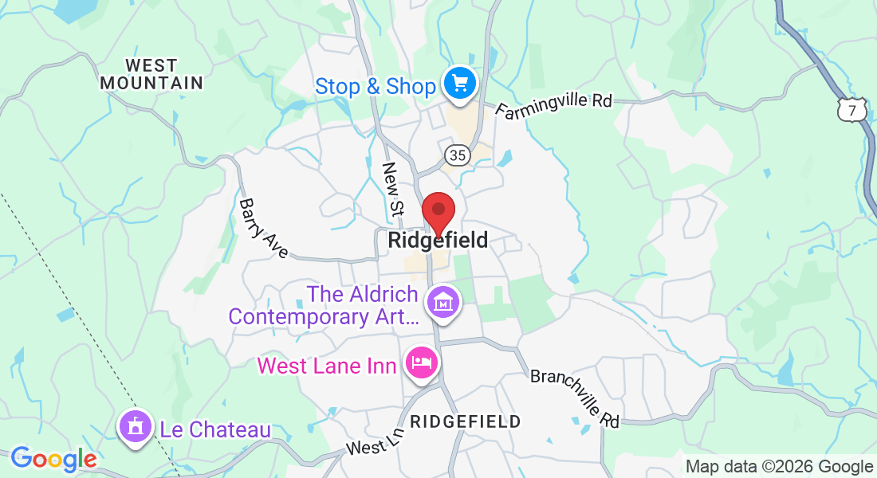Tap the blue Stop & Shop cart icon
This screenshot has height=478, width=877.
click(x=459, y=82)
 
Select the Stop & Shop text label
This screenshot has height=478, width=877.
click(x=375, y=86)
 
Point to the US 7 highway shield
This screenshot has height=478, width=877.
click(x=852, y=111)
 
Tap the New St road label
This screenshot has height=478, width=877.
click(x=393, y=189)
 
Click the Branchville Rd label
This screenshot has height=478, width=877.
click(x=575, y=398)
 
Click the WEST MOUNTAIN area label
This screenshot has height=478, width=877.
click(x=151, y=73)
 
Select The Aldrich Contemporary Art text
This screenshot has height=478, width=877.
click(x=323, y=305)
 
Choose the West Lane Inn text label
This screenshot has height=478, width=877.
click(x=327, y=366)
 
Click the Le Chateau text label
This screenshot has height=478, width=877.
click(x=215, y=429)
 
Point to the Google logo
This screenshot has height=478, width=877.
click(x=53, y=459)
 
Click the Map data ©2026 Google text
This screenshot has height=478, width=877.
click(x=779, y=467)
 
